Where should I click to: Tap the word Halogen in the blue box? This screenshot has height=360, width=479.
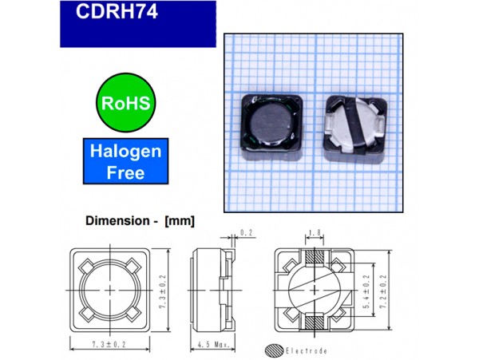tap(125, 151)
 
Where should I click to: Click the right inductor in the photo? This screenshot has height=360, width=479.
tap(354, 123)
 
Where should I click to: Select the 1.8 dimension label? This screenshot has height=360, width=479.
tap(314, 233)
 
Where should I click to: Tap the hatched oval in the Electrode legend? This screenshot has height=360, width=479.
tap(274, 350)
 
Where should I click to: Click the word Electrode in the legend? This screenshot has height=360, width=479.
tap(306, 350)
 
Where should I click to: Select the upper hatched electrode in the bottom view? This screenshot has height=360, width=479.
tap(313, 257)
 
